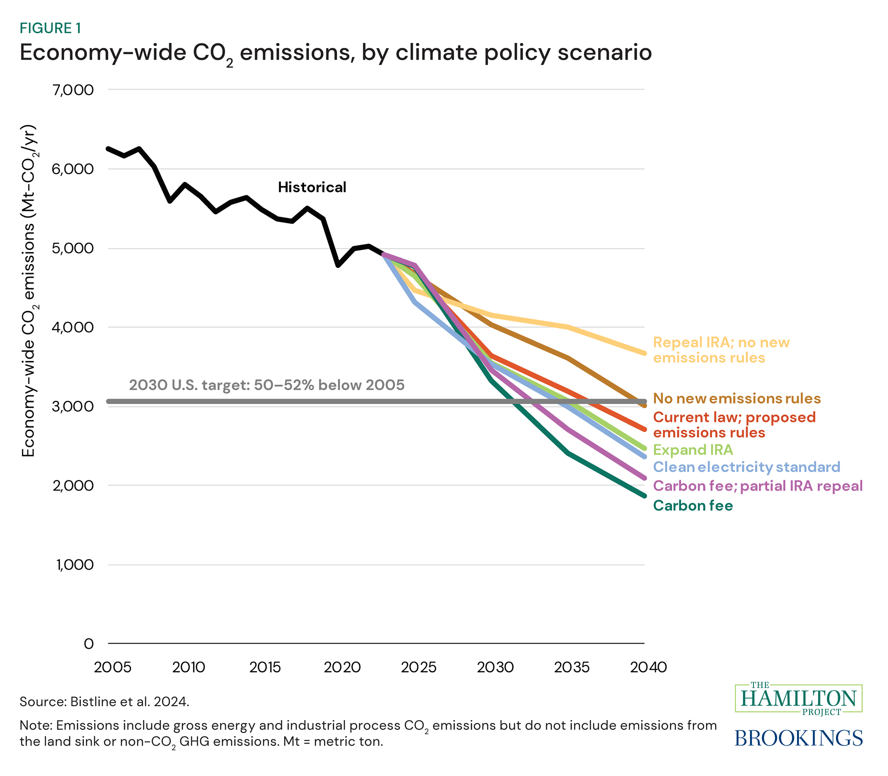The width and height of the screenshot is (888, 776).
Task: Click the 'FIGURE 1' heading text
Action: [50, 28]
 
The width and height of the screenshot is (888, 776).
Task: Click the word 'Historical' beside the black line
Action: [312, 187]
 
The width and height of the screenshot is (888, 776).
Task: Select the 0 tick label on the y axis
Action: [88, 643]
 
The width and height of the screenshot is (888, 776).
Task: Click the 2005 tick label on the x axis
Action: [112, 667]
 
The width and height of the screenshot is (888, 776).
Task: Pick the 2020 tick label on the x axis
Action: [342, 667]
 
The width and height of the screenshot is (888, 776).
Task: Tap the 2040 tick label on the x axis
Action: [648, 667]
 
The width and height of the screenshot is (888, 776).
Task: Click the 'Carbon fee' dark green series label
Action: [692, 506]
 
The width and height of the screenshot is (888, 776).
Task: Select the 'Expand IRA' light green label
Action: [692, 450]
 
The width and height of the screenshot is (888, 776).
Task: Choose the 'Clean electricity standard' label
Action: [746, 467]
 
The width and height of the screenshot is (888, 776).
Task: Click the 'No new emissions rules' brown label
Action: [736, 398]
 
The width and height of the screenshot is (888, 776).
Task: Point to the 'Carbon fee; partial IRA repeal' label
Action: [757, 486]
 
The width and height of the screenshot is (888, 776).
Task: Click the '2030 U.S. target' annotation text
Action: [266, 385]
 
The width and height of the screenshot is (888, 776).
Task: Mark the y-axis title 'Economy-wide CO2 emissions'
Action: [29, 290]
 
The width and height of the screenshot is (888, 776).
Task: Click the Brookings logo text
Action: [798, 738]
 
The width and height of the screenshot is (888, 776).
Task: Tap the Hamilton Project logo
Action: [798, 698]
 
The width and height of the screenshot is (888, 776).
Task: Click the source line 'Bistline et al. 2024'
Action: [129, 702]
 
